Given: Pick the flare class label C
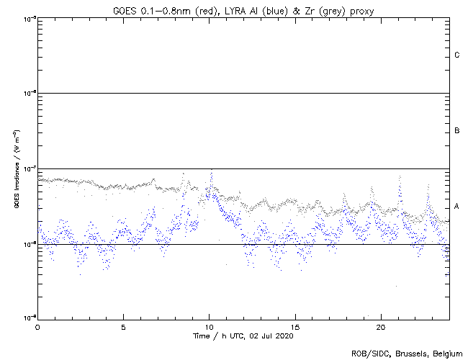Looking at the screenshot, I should (x=457, y=55).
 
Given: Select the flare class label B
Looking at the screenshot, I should (x=457, y=131).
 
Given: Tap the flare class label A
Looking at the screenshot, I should (x=457, y=207).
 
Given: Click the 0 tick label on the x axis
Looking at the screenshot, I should (x=37, y=326).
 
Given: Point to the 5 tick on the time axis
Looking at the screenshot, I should (x=123, y=326).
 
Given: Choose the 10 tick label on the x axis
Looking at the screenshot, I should (x=209, y=326).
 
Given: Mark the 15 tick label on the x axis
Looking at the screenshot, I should (x=295, y=326).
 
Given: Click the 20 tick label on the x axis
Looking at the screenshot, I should (x=381, y=326).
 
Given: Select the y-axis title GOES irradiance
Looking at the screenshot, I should (x=16, y=169).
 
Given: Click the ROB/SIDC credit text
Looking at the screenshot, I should (x=368, y=354).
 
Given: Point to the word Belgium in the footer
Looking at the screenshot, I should (x=446, y=354).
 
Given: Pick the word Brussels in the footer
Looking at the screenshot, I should (x=408, y=354).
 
